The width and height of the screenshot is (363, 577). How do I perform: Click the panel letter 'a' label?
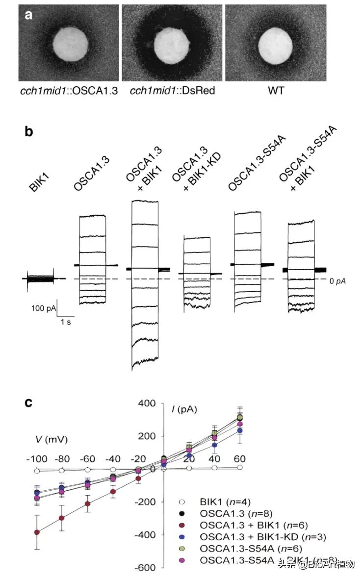(x=28, y=14)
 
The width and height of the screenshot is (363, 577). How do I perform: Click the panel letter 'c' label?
(x=29, y=402)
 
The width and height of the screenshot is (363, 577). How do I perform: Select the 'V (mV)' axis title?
(x=48, y=437)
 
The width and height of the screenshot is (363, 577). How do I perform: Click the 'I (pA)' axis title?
(x=184, y=408)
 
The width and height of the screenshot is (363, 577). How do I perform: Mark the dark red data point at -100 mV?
(x=37, y=532)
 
